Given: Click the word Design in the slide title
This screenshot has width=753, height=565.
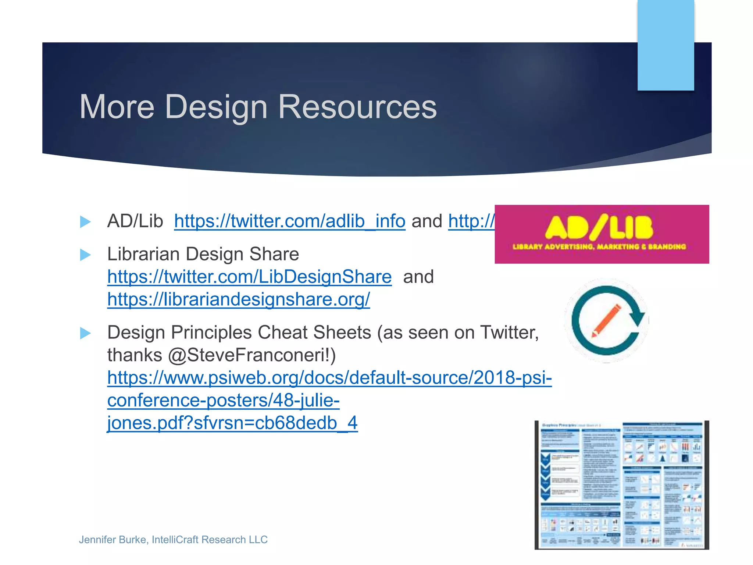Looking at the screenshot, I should click(216, 107).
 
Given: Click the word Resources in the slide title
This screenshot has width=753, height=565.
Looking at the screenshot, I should click(357, 107).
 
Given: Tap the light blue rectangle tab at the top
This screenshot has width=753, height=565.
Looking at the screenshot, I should click(665, 45).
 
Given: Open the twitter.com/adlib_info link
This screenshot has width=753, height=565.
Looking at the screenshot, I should click(290, 221).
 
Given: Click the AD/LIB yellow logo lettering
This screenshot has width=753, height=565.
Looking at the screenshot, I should click(599, 227).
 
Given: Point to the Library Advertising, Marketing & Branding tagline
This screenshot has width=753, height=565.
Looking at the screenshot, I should click(599, 246).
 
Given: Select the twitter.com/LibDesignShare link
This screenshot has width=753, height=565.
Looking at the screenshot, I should click(249, 277).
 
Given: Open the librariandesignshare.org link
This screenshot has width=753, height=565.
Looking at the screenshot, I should click(239, 299).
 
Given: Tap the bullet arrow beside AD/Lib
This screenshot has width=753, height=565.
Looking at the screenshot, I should click(85, 221).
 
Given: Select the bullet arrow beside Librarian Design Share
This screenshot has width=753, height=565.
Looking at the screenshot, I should click(85, 255).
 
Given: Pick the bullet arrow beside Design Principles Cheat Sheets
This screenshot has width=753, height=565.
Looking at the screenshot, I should click(85, 333).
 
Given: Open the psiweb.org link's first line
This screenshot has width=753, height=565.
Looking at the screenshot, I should click(329, 378).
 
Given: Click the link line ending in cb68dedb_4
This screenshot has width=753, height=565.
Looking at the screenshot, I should click(232, 423).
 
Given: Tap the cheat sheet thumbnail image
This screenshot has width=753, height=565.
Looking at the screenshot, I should click(621, 485).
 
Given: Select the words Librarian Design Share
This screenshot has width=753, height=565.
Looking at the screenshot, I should click(203, 254).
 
